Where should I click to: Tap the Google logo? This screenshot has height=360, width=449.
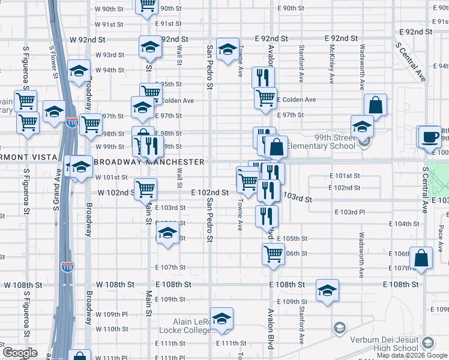click(20, 353)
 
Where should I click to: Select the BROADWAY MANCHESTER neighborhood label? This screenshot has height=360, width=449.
click(149, 162)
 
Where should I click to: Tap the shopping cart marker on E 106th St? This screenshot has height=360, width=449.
click(273, 254)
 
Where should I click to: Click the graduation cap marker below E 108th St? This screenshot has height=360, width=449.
click(327, 292)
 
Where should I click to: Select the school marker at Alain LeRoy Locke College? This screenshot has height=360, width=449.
click(221, 318)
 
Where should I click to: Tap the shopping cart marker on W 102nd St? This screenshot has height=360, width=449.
click(145, 190)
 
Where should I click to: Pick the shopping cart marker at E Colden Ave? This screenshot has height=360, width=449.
click(265, 98)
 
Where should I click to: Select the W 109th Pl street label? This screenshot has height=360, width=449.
click(112, 314)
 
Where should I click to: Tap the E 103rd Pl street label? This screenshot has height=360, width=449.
click(349, 212)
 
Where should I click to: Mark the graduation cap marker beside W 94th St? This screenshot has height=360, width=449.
click(79, 71)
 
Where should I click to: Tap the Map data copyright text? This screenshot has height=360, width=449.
click(412, 355)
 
